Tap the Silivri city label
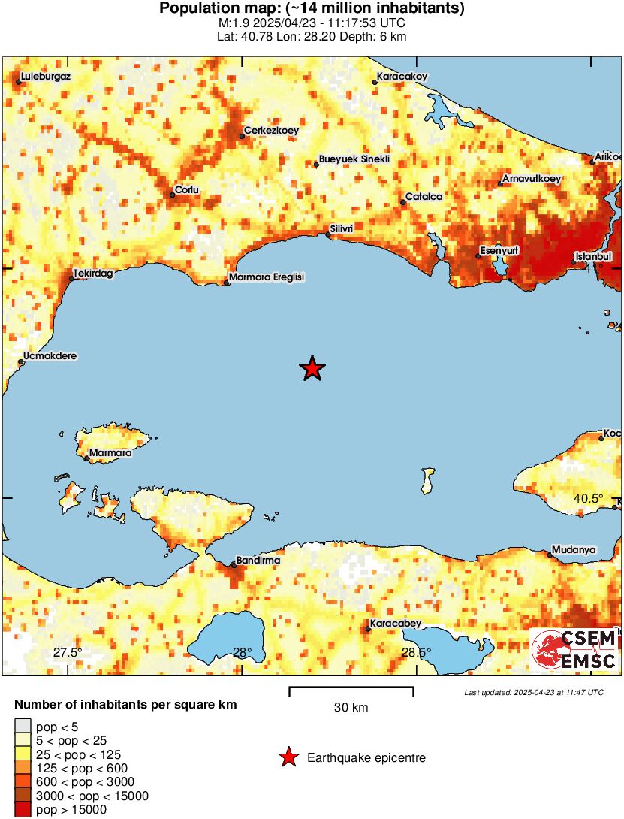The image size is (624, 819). tap(342, 228)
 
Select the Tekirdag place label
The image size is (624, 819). tap(93, 274)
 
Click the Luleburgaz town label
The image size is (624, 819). tap(47, 77)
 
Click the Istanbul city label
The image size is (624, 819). tap(594, 257)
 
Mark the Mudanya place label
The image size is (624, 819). tap(574, 550)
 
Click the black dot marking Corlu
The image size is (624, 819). tap(172, 195)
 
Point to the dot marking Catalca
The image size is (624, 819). tap(403, 202)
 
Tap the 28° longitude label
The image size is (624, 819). tap(242, 652)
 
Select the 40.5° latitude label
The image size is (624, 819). tap(589, 498)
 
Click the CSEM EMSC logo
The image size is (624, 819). tap(574, 650)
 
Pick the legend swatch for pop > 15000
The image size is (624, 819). tap(23, 809)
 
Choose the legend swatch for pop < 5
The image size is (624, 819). tap(23, 727)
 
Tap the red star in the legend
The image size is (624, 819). tap(288, 758)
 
